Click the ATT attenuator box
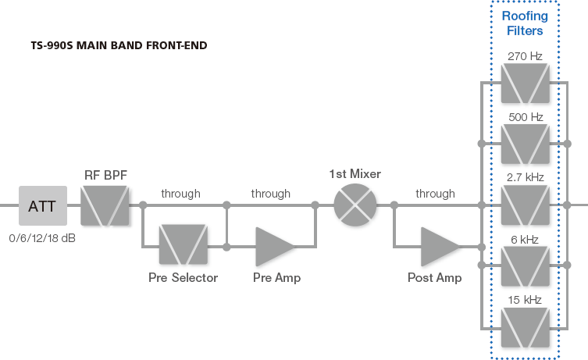tap(42, 206)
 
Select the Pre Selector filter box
tap(181, 246)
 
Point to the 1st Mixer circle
tap(355, 207)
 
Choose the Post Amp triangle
tap(440, 246)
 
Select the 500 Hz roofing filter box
tap(524, 144)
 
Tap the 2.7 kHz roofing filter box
tap(524, 206)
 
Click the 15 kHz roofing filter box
tap(524, 328)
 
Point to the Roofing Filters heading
tap(524, 23)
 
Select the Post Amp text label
tap(434, 277)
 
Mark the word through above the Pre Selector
tap(180, 194)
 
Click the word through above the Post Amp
tap(435, 194)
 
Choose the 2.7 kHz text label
tap(525, 177)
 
